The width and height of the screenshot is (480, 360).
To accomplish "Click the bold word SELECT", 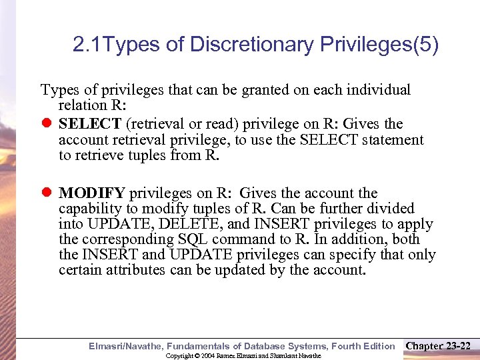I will pos(90,124).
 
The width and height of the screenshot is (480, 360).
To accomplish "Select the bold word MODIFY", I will pos(91,193).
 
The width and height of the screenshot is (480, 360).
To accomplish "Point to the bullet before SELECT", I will pos(47,124).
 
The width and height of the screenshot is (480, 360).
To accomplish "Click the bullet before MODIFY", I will pos(47,193).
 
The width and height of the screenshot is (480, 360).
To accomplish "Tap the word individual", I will pos(381,89).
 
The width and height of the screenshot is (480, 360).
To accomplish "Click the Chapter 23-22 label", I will pos(438,345).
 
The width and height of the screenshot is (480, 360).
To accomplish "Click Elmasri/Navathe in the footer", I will pos(125,346).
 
